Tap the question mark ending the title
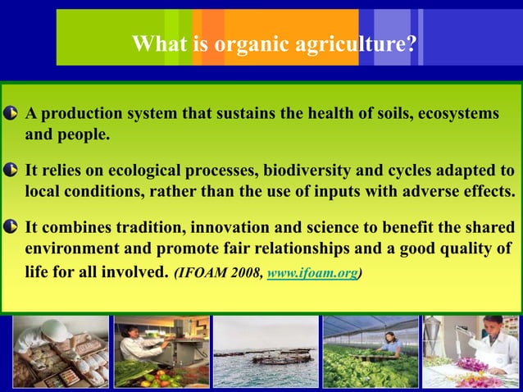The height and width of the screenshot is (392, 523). (412, 43)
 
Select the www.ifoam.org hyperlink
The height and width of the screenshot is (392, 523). (312, 273)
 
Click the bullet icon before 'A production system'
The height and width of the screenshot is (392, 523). (11, 113)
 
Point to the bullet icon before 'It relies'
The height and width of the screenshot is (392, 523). (11, 170)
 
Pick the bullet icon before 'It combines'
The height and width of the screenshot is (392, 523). (11, 227)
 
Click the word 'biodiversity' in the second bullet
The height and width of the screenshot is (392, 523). (307, 171)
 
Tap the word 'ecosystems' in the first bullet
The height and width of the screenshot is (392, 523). (458, 114)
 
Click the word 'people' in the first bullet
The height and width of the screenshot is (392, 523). (83, 135)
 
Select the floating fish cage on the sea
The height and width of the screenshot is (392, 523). (281, 358)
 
